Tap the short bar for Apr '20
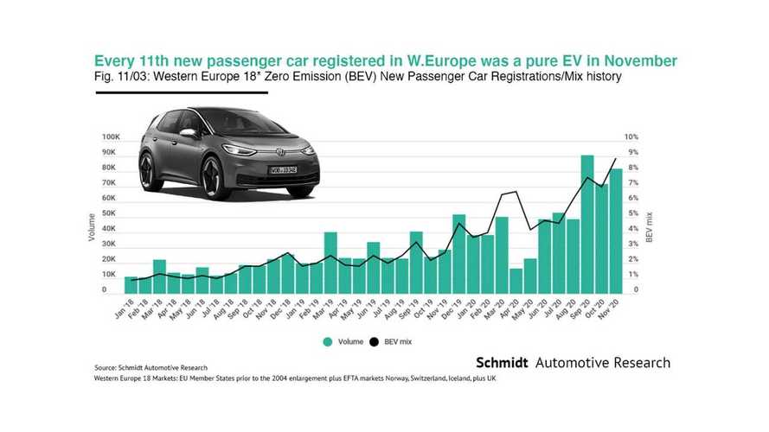point(516,281)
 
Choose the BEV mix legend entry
point(395,341)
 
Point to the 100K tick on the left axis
point(110,137)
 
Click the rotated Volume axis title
point(91,227)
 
